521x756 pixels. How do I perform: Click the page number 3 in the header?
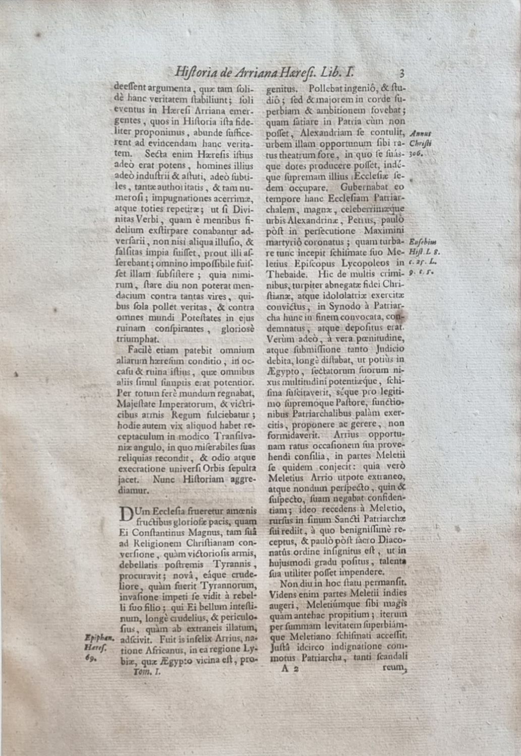[401, 72]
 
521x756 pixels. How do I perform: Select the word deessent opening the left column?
[131, 86]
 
